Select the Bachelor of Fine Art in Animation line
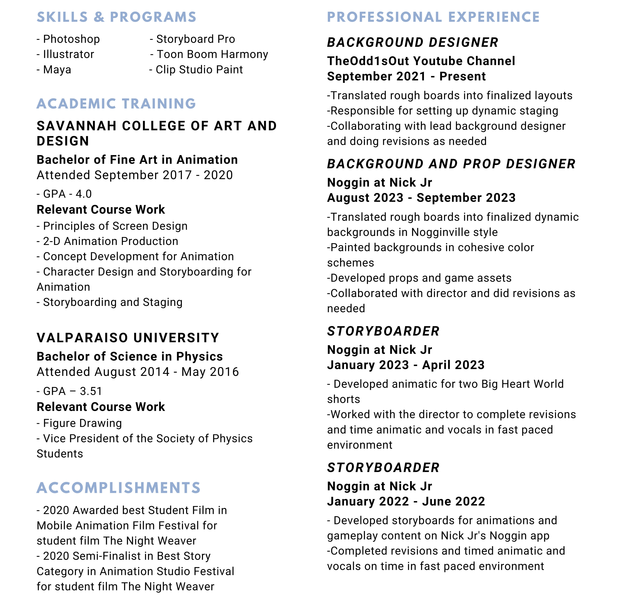point(137,160)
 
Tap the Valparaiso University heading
point(128,338)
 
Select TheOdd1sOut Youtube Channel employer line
point(421,61)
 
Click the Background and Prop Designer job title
point(451,164)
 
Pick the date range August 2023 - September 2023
point(421,198)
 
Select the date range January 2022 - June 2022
point(406,501)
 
